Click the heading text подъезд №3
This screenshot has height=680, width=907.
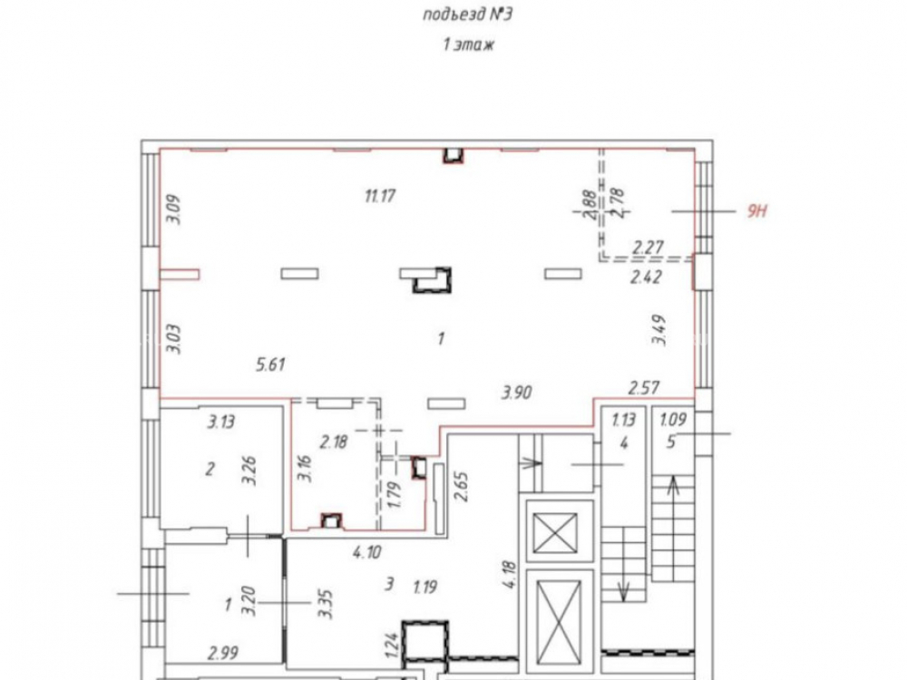tap(467, 15)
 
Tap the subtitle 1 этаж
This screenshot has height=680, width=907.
tap(468, 44)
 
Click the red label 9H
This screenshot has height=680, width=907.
tap(756, 210)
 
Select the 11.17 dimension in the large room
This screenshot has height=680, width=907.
tap(380, 196)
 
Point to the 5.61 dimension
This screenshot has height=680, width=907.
tap(270, 364)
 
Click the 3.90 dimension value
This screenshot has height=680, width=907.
tap(517, 393)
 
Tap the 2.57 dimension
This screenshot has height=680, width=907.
tap(644, 387)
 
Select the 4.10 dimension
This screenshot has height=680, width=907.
tap(367, 552)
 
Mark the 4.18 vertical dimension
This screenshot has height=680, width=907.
tap(510, 574)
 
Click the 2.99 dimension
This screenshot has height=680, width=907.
tap(223, 654)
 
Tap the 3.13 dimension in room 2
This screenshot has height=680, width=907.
tap(221, 423)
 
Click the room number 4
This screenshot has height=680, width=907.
tap(624, 443)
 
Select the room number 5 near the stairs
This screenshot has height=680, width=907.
tap(671, 442)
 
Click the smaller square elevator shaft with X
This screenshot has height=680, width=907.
tap(555, 533)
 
